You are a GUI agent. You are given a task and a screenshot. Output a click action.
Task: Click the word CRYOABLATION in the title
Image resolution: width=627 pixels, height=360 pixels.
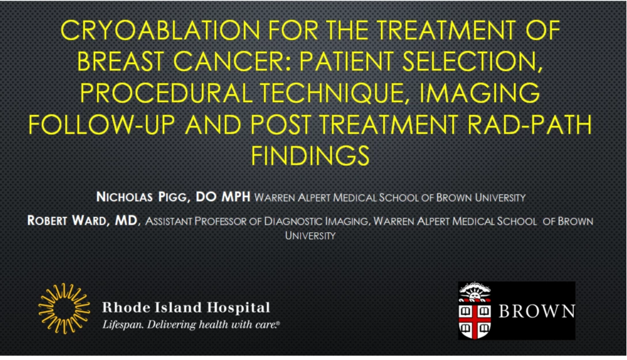[160, 30]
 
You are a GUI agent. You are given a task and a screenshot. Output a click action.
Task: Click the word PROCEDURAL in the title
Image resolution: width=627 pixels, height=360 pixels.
[166, 93]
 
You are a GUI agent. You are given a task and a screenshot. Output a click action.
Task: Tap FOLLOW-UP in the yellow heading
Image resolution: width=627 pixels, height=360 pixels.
[101, 124]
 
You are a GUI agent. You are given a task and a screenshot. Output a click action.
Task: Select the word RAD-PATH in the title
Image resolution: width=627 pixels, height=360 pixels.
[530, 124]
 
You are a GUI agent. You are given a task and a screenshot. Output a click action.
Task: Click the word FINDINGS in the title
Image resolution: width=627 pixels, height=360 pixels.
[310, 155]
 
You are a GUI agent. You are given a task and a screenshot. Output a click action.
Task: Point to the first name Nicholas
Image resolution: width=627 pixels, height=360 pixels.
[124, 197]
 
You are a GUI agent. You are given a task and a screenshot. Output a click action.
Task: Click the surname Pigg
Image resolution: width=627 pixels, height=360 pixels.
[173, 197]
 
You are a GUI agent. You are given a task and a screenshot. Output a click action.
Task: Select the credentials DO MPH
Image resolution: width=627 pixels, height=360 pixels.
[223, 197]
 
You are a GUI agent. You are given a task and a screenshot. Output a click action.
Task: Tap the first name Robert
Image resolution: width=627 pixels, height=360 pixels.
[47, 221]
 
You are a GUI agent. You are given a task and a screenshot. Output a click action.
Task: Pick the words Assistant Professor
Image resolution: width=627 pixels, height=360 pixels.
[196, 221]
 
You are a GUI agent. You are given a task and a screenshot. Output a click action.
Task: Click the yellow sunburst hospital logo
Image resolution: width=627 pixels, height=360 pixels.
[64, 308]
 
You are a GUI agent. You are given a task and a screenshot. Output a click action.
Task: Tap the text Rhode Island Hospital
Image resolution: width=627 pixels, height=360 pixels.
[186, 307]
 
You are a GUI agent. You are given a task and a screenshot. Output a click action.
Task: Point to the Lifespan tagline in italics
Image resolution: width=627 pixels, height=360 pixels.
[191, 324]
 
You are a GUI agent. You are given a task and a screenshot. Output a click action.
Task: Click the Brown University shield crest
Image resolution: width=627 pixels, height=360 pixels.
[474, 310]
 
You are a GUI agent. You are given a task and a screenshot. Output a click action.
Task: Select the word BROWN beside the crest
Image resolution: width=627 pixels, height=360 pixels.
[537, 311]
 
